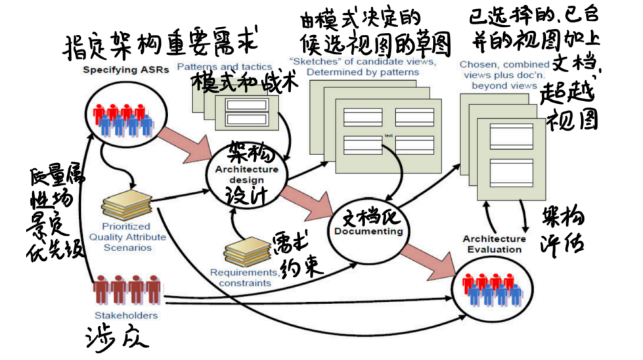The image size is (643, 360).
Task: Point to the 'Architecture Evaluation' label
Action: pyautogui.click(x=494, y=244)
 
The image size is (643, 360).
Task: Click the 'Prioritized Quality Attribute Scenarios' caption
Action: pyautogui.click(x=127, y=237)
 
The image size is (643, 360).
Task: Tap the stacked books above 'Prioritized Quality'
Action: pyautogui.click(x=127, y=204)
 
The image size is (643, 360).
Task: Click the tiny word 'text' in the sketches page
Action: pyautogui.click(x=388, y=136)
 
